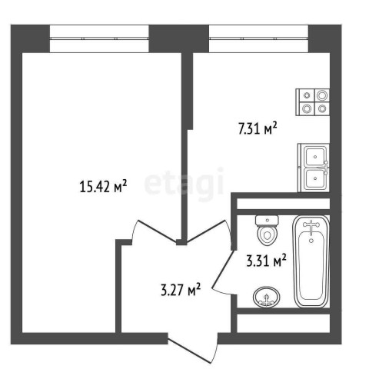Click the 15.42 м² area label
pyautogui.click(x=103, y=186)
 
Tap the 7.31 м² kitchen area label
pyautogui.click(x=258, y=128)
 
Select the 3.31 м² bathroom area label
pyautogui.click(x=266, y=261)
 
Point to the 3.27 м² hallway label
pyautogui.click(x=181, y=290)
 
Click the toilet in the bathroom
pyautogui.click(x=268, y=230)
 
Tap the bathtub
pyautogui.click(x=311, y=261)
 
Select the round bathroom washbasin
pyautogui.click(x=266, y=297)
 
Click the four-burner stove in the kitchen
pyautogui.click(x=313, y=102)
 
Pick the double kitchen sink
pyautogui.click(x=314, y=168)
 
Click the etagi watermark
pyautogui.click(x=184, y=183)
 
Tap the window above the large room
pyautogui.click(x=99, y=38)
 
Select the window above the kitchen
pyautogui.click(x=258, y=38)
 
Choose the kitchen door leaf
pyautogui.click(x=207, y=231)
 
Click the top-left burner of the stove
pyautogui.click(x=307, y=95)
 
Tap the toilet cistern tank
pyautogui.click(x=268, y=221)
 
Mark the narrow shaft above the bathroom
pyautogui.click(x=283, y=204)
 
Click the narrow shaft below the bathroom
pyautogui.click(x=283, y=324)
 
